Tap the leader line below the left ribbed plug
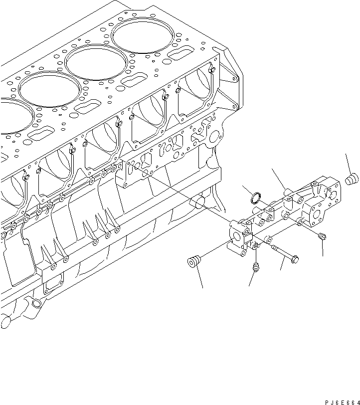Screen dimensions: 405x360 (198, 278)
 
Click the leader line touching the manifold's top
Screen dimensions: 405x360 (278, 178)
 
